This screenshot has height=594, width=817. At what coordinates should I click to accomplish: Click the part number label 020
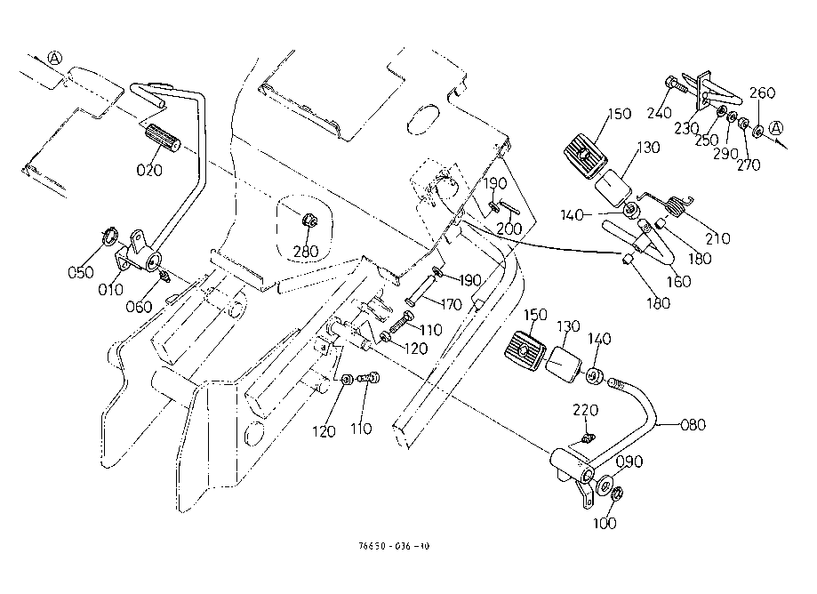tap(149, 169)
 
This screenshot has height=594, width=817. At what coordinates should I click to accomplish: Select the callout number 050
tap(80, 272)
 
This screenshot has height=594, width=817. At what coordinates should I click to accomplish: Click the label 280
tap(307, 253)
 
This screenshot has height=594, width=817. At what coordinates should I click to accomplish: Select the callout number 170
tap(451, 304)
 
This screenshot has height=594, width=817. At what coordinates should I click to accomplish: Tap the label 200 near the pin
tap(508, 229)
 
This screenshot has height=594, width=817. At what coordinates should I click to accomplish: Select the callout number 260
tap(763, 92)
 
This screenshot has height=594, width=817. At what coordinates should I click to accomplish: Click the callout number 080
tap(693, 424)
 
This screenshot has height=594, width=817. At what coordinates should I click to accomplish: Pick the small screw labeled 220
tap(586, 437)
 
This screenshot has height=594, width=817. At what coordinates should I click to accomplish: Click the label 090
tap(628, 462)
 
